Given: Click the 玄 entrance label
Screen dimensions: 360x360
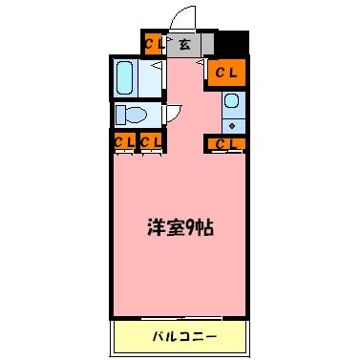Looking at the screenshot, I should (x=183, y=44).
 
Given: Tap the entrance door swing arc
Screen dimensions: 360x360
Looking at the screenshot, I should (x=179, y=18).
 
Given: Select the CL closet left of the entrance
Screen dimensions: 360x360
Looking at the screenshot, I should (x=152, y=44).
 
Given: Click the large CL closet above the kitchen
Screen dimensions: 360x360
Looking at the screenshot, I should (x=225, y=72).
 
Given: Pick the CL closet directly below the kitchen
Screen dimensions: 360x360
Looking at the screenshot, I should (x=225, y=144).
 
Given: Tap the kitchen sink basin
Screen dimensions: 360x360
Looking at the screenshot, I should (x=232, y=103).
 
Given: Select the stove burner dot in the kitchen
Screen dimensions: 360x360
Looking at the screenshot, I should (x=231, y=124).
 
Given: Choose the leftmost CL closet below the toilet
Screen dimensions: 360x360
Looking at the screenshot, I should (x=122, y=143).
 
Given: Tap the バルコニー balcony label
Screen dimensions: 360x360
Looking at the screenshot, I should (x=184, y=336).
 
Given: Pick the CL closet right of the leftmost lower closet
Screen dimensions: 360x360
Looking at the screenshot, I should (x=149, y=143).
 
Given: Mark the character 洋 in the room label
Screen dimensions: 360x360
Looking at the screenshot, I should (x=154, y=230).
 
